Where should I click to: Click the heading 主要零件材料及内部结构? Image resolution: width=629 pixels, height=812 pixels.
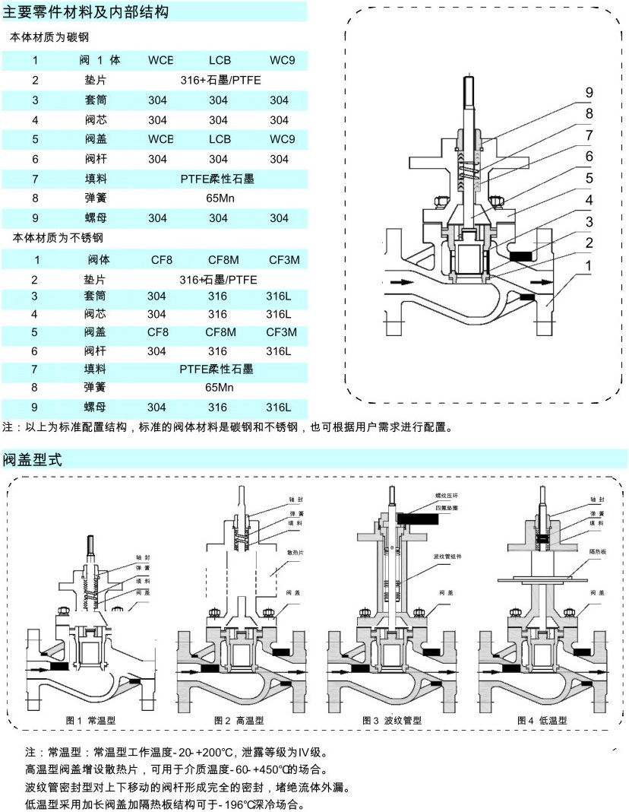[86, 12]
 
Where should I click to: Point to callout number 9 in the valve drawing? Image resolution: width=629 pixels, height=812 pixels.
[589, 93]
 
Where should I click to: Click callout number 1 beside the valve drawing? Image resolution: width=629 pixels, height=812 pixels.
[589, 265]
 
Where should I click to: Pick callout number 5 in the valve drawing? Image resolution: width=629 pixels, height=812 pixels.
[589, 178]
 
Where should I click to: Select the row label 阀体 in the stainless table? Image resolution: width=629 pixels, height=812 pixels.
[99, 259]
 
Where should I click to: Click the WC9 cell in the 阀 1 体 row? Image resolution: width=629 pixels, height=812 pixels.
[283, 59]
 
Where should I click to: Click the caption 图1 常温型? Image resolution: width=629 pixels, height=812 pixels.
[90, 719]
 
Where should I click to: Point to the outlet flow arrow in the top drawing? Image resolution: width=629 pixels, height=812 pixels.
[541, 283]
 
